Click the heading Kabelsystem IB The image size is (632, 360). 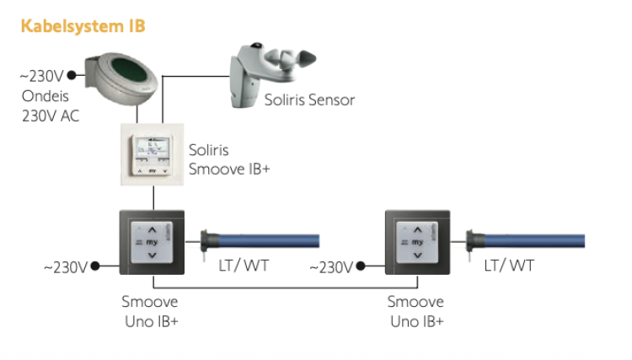pyautogui.click(x=83, y=26)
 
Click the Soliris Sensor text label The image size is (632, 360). pyautogui.click(x=309, y=100)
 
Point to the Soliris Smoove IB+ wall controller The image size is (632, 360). pyautogui.click(x=153, y=155)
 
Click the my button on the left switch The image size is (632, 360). pyautogui.click(x=152, y=241)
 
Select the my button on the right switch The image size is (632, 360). pyautogui.click(x=416, y=241)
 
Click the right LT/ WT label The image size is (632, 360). pyautogui.click(x=509, y=266)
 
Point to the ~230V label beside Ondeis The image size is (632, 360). pyautogui.click(x=42, y=77)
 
